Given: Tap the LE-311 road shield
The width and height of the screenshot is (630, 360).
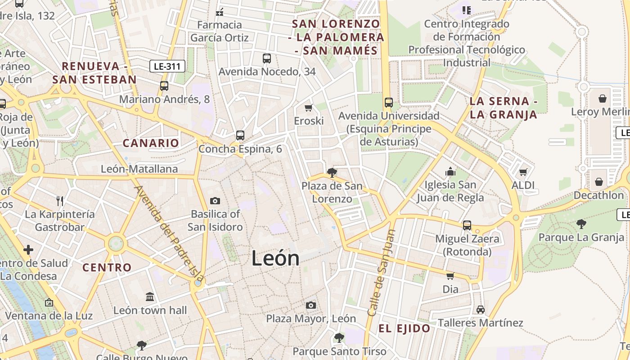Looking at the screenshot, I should [167, 67].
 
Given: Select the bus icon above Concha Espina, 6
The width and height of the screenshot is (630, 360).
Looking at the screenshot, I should [240, 135].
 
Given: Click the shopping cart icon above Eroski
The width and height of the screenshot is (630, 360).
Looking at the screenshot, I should [309, 108].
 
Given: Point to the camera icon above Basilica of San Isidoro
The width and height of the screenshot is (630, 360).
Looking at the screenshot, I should [215, 201].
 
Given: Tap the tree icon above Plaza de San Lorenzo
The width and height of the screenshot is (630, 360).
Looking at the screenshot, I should [332, 172].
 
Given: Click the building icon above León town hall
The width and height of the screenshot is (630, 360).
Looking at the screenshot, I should [150, 297].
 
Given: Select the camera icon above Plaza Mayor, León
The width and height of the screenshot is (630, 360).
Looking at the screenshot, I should [310, 306].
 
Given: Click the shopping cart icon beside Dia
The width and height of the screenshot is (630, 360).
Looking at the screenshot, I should [450, 276].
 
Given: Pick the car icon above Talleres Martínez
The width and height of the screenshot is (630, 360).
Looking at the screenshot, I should [481, 310].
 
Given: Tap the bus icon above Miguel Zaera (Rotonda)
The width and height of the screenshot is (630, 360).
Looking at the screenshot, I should [467, 225].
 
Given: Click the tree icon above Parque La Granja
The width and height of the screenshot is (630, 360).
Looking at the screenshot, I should [581, 224].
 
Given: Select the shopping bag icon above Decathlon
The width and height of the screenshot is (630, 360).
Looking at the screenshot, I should [598, 182].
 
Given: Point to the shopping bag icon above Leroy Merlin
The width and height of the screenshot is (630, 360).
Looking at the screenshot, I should [602, 98].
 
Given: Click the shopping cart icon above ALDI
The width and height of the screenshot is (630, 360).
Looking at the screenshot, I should [523, 172].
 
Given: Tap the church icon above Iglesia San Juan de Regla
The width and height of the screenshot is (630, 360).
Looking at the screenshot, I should [450, 171].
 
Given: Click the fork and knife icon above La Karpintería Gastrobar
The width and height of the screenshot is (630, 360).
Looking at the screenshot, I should [60, 201].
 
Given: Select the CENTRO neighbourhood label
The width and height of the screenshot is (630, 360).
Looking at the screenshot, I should [107, 267].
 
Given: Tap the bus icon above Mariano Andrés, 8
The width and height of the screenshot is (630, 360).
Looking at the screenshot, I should [164, 85].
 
